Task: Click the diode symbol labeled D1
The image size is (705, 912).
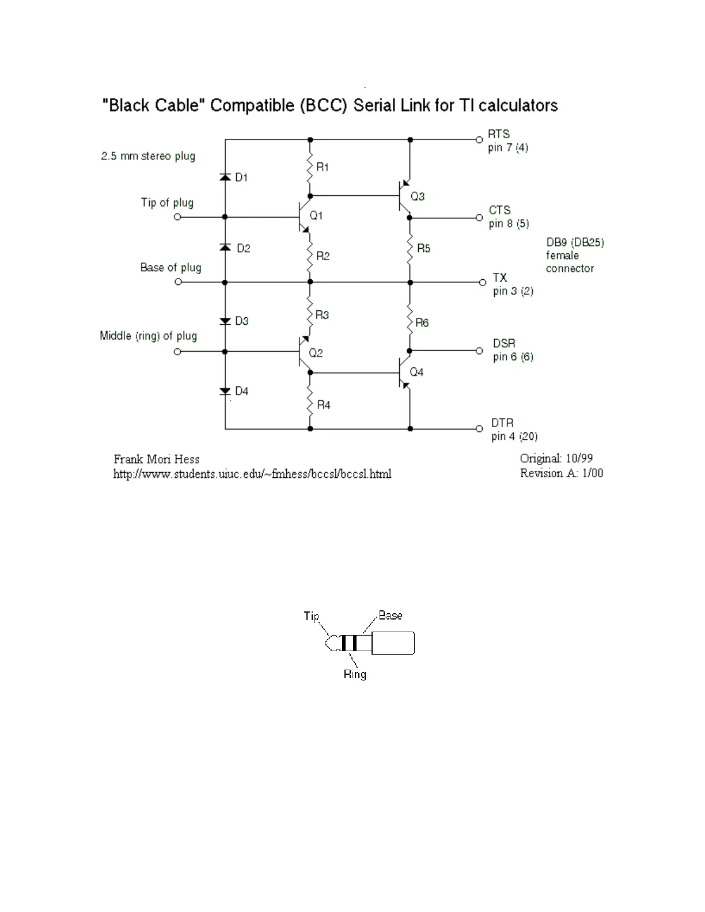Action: coord(225,177)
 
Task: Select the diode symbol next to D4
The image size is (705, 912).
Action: coord(225,391)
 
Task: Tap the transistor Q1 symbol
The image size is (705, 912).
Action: coord(302,217)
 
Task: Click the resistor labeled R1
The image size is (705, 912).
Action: coord(310,166)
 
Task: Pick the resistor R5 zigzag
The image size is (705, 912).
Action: coord(410,248)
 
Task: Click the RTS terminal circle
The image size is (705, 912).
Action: coord(479,140)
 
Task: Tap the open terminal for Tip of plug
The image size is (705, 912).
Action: coord(177,217)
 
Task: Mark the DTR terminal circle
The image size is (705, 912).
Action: coord(479,429)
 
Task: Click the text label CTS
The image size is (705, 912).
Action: coord(499,210)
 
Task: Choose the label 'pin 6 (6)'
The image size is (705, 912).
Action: coord(513,357)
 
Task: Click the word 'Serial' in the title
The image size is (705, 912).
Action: coord(374,105)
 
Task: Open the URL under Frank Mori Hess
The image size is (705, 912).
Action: coord(252,474)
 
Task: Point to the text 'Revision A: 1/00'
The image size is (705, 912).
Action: coord(561,473)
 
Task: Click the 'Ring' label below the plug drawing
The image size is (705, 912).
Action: coord(355,674)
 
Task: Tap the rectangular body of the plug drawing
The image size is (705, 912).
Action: coord(393,643)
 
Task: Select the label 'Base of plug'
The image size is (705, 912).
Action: coord(170,268)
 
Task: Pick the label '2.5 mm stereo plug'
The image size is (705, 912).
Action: coord(148,156)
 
